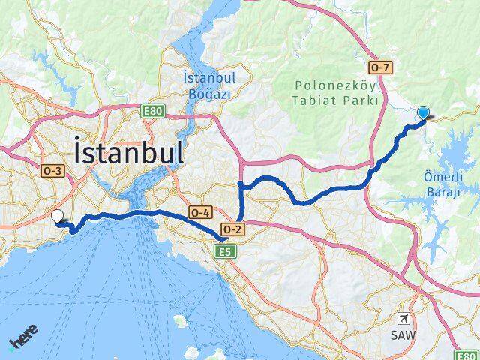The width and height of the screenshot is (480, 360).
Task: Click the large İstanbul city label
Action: tap(129, 153)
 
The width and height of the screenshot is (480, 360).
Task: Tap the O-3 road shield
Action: tap(52, 170)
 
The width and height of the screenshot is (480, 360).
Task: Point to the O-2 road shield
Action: tap(230, 229)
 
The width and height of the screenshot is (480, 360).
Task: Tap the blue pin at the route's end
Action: tap(423, 113)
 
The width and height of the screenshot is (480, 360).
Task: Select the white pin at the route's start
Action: tap(58, 217)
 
